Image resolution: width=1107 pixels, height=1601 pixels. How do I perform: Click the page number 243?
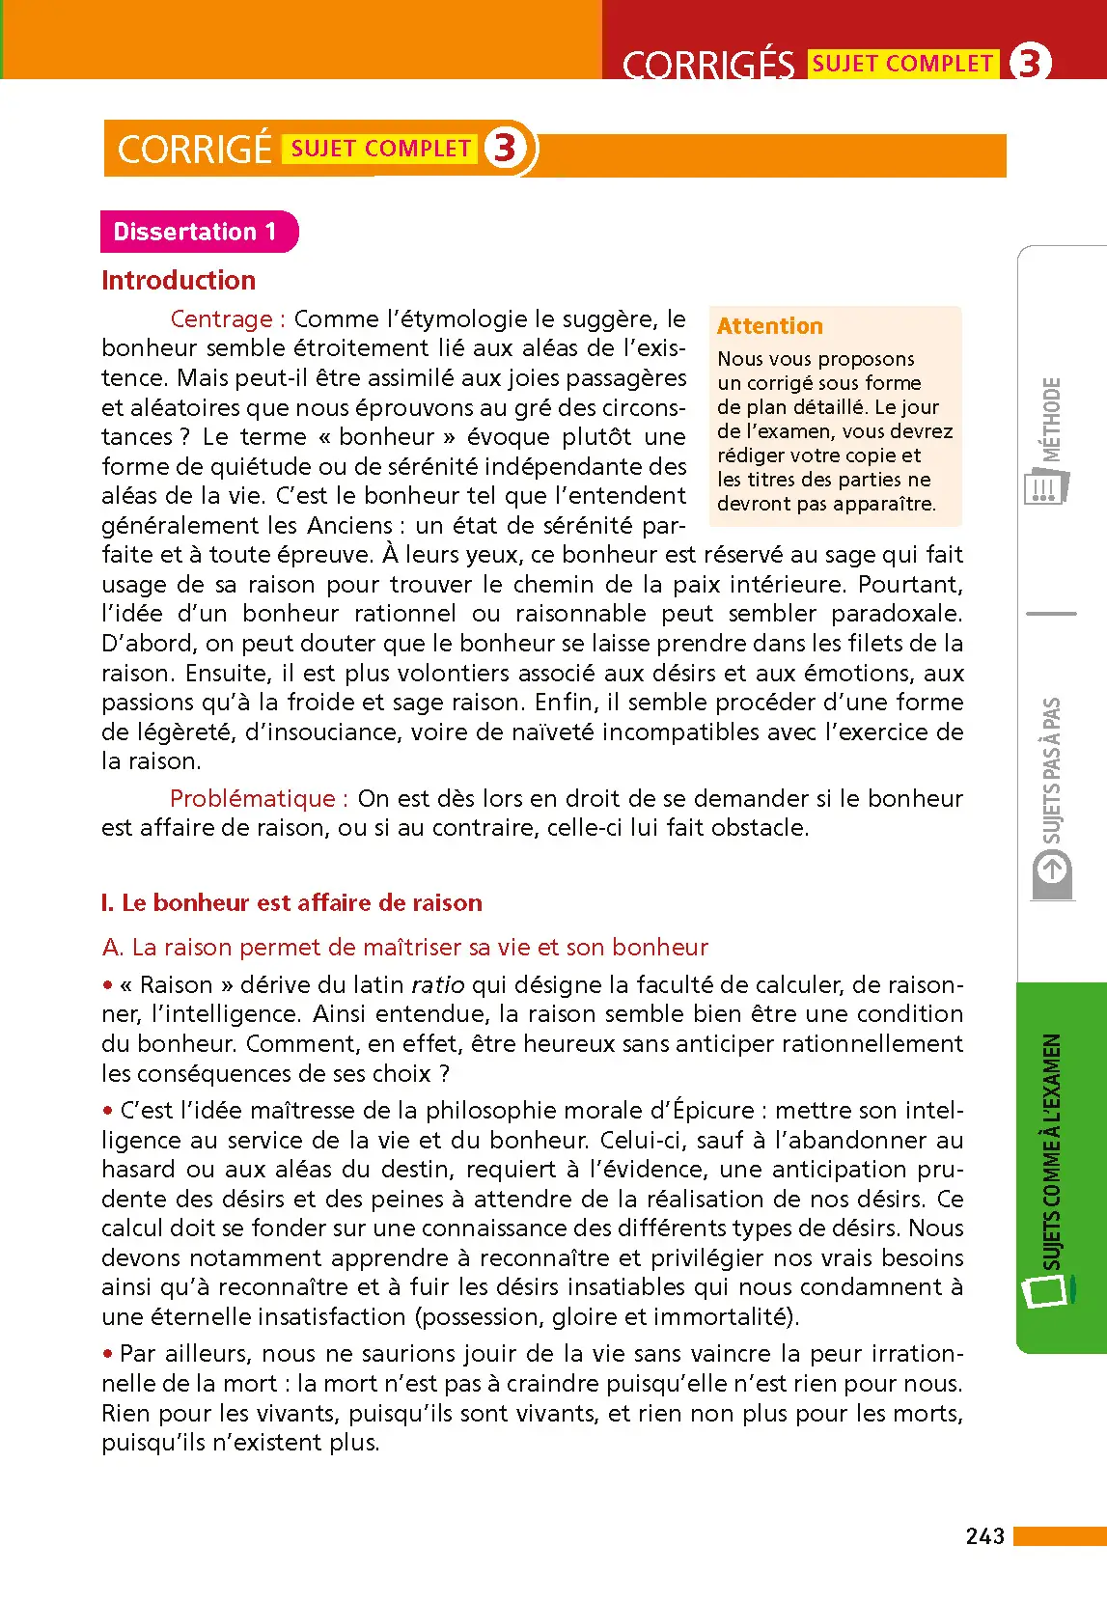pos(984,1535)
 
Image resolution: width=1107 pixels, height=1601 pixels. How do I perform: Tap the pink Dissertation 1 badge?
pos(196,232)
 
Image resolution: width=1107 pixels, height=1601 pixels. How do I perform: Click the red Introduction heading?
pos(179,281)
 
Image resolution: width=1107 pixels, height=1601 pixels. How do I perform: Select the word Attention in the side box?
pos(769,326)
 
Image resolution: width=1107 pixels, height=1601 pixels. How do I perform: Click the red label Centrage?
pos(221,319)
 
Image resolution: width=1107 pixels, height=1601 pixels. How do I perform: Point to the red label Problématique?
pos(252,799)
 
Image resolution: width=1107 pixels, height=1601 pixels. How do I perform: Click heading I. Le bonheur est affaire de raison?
pos(291,903)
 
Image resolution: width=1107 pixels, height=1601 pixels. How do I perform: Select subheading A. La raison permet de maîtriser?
pos(405,948)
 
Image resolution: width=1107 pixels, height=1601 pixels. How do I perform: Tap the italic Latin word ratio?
pos(437,985)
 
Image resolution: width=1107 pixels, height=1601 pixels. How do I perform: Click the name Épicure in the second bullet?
pos(713,1111)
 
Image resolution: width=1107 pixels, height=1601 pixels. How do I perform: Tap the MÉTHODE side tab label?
pos(1051,420)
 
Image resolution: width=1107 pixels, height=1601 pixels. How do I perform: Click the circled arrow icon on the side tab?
pos(1051,870)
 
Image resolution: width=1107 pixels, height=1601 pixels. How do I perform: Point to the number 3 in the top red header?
pos(1029,63)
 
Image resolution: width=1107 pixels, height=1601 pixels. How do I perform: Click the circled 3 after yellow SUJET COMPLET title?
pos(505,149)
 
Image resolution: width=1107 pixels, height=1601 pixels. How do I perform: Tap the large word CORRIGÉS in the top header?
pos(707,66)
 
